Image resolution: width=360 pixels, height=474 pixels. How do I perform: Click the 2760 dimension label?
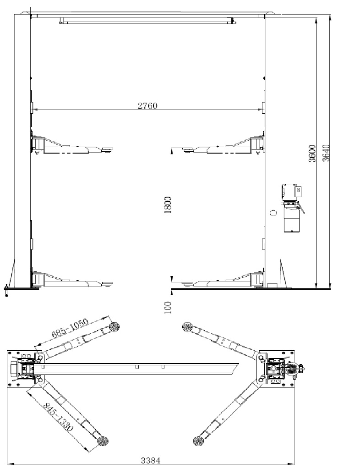coord(147,106)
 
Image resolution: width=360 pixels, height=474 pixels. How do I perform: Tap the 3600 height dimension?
coord(312,153)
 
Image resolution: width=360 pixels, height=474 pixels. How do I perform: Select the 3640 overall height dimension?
coord(326,153)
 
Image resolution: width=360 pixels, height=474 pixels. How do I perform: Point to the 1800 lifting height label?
coord(168,205)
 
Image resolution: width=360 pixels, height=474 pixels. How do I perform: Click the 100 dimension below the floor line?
coord(168,308)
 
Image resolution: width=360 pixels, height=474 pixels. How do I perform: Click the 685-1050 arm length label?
coord(70,328)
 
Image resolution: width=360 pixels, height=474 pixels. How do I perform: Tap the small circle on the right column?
coord(273,213)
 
